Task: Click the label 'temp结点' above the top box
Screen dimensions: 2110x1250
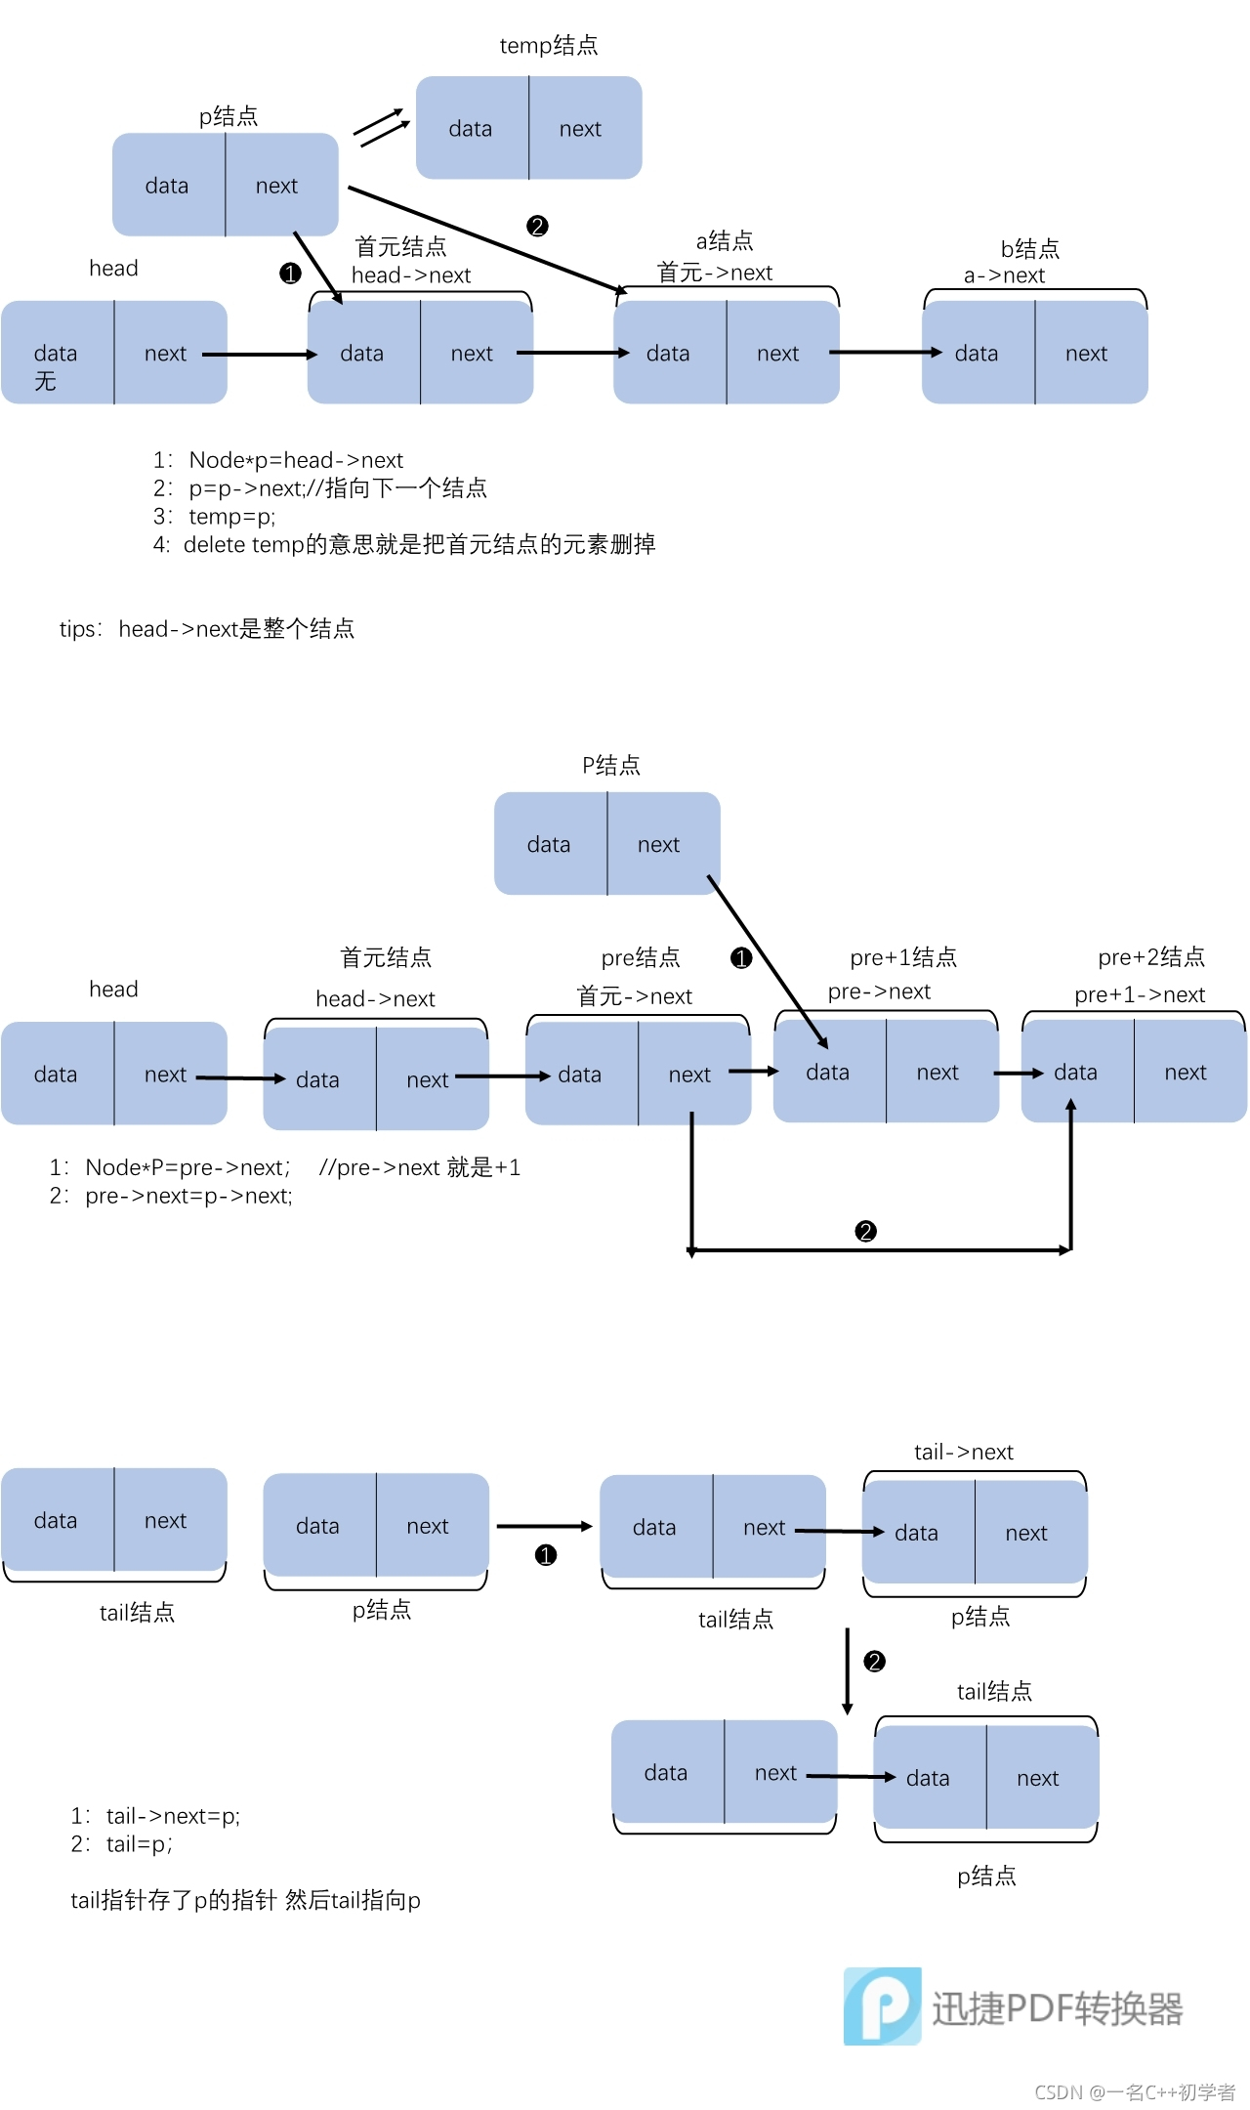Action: click(x=548, y=45)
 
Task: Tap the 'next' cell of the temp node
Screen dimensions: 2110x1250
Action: click(x=580, y=129)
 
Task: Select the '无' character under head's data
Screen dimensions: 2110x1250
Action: click(x=45, y=381)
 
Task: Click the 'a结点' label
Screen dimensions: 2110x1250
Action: click(x=725, y=240)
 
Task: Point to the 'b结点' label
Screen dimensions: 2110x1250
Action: click(x=1030, y=248)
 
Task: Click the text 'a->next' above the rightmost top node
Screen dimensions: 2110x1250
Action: click(x=1004, y=275)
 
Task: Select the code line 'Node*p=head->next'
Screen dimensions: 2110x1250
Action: click(x=296, y=460)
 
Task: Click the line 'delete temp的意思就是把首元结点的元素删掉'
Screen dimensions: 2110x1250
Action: click(x=419, y=544)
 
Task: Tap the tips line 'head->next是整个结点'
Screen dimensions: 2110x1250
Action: click(x=235, y=629)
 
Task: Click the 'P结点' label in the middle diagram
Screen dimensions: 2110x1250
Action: click(x=611, y=765)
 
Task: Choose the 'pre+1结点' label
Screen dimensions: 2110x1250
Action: click(x=903, y=957)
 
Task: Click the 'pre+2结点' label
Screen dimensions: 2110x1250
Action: click(x=1151, y=957)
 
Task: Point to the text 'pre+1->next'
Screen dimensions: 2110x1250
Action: click(x=1140, y=994)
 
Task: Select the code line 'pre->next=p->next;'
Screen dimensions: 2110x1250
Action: click(x=188, y=1196)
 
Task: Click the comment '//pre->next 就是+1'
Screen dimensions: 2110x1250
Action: click(x=420, y=1167)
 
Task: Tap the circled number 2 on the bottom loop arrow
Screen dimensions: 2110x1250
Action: click(x=865, y=1231)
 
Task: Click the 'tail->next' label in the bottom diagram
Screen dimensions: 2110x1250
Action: click(x=964, y=1453)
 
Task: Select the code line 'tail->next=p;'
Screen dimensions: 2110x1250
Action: click(x=173, y=1816)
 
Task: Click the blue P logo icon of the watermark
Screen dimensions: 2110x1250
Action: click(x=883, y=2006)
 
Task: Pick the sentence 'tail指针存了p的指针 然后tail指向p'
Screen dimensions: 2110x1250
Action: click(x=245, y=1900)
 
